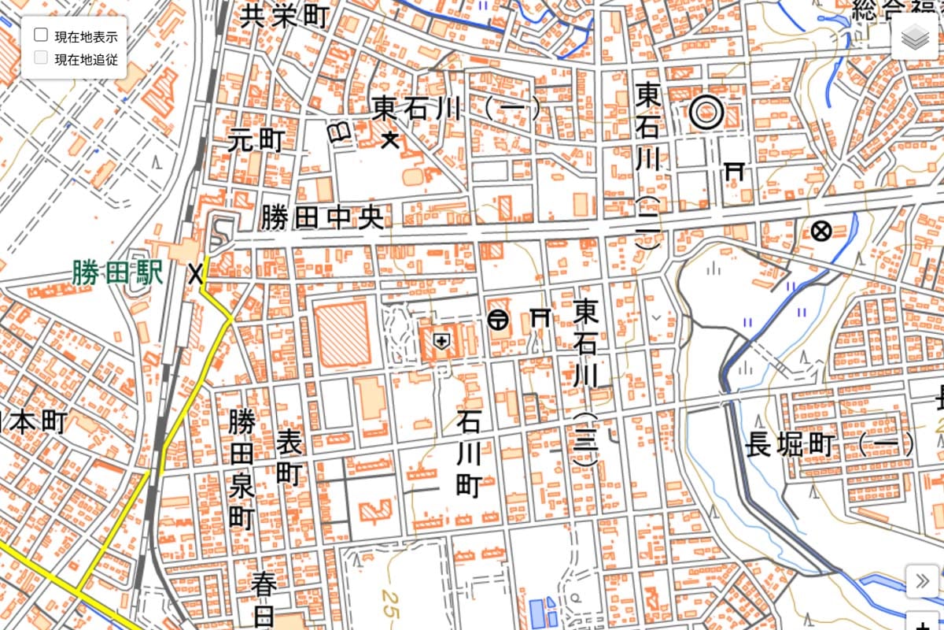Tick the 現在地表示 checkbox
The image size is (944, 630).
coord(42,35)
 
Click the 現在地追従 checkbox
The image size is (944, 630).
coord(42,57)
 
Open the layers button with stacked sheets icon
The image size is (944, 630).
coord(916,37)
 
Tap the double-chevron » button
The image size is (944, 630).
coord(921,582)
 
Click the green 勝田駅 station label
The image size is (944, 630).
coord(117,273)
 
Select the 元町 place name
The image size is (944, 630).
coord(256,140)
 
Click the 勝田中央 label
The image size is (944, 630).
coord(323,217)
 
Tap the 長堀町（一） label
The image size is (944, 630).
coord(830,444)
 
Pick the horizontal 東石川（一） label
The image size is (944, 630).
coord(456,109)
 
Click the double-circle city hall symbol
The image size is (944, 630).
coord(706,113)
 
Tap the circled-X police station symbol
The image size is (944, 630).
coord(821,232)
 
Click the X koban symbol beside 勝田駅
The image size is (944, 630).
coord(195,273)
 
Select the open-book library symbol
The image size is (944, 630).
coord(341,132)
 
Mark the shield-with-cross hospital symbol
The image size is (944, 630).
coord(441,341)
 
